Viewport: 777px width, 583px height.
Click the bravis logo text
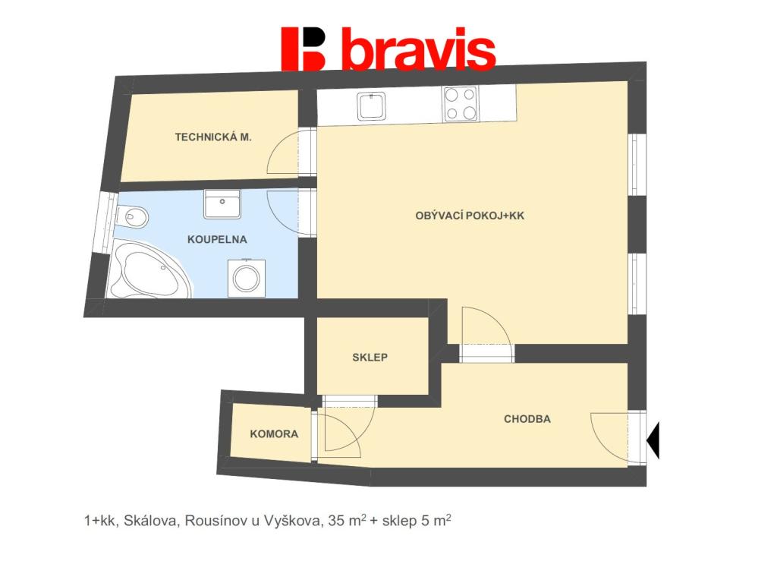pyautogui.click(x=418, y=50)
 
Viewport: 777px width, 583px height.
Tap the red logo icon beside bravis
pyautogui.click(x=303, y=49)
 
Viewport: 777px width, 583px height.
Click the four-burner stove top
pyautogui.click(x=461, y=104)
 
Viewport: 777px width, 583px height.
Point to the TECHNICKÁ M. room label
pyautogui.click(x=213, y=137)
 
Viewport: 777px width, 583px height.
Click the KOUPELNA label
pyautogui.click(x=217, y=239)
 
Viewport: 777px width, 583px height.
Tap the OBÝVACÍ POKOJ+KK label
pyautogui.click(x=470, y=216)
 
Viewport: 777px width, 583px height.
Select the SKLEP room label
pyautogui.click(x=370, y=358)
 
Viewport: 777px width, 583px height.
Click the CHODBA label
pyautogui.click(x=527, y=419)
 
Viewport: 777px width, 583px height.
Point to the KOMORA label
pyautogui.click(x=274, y=435)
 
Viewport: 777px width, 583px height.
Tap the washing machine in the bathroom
pyautogui.click(x=245, y=276)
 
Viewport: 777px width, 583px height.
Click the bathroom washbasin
pyautogui.click(x=222, y=203)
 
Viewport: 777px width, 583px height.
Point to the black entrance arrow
pyautogui.click(x=653, y=438)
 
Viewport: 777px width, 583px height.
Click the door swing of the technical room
pyautogui.click(x=290, y=152)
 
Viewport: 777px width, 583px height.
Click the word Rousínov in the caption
pyautogui.click(x=209, y=521)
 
